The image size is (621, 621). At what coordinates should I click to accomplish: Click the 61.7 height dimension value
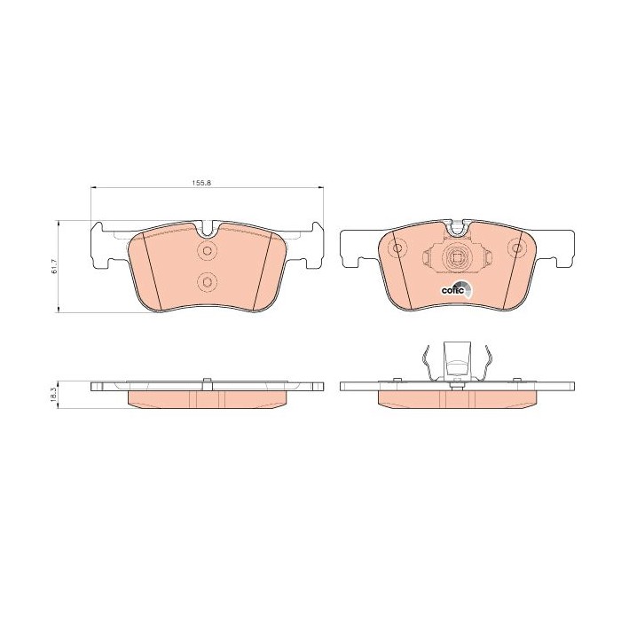click(x=55, y=266)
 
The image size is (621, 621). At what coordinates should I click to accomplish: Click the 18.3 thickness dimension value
click(x=55, y=395)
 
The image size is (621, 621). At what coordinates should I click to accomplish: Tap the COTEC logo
click(x=457, y=289)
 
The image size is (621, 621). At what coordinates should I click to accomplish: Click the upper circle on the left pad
click(x=207, y=250)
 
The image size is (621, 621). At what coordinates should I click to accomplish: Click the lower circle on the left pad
click(x=207, y=282)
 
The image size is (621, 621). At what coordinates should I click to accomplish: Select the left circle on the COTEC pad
click(x=397, y=248)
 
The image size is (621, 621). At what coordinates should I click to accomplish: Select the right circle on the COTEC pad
click(x=517, y=248)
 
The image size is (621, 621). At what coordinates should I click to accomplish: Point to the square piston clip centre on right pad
click(x=457, y=258)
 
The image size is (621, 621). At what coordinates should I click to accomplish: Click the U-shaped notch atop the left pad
click(x=208, y=230)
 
